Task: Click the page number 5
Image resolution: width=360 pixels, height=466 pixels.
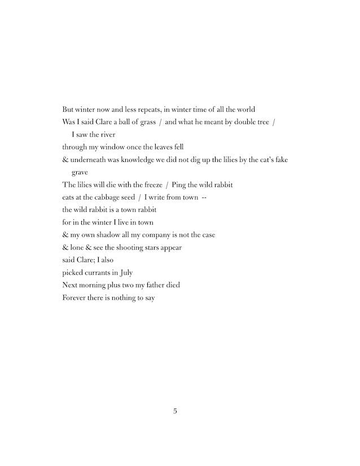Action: [x=175, y=411]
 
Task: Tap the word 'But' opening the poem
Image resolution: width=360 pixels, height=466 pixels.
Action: [x=69, y=109]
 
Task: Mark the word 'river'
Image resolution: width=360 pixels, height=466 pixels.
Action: [x=106, y=135]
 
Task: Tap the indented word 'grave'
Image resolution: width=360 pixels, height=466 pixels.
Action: [x=80, y=173]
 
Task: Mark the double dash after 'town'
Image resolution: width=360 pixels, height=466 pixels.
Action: [x=205, y=197]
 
